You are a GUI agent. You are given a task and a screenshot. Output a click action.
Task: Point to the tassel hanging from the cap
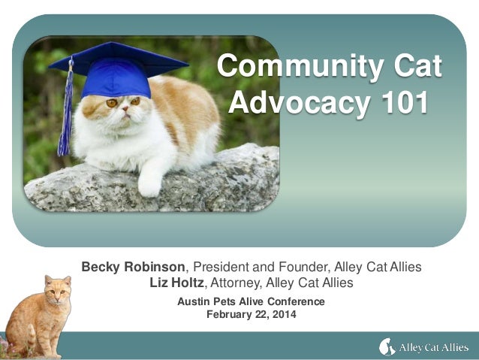point(65,113)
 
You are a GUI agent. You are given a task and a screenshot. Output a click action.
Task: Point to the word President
point(224,267)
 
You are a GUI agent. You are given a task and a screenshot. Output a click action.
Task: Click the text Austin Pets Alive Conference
point(251,301)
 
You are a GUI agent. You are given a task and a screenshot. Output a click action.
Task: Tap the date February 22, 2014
point(251,314)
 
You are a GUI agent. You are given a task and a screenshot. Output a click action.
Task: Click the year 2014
point(283,314)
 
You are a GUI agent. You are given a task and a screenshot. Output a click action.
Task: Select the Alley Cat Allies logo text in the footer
point(431,346)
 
